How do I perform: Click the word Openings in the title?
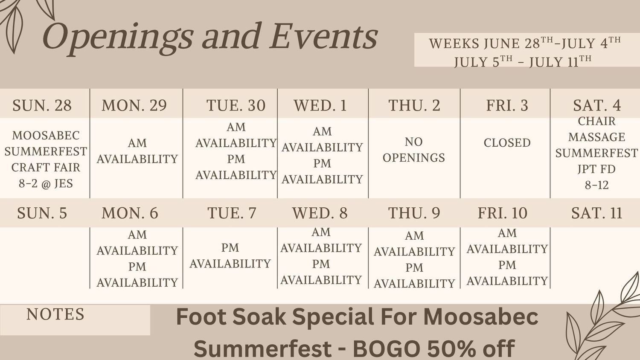tap(118, 38)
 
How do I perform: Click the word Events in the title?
tap(324, 36)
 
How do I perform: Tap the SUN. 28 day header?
tap(42, 105)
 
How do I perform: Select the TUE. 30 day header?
tap(236, 105)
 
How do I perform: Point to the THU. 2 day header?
tap(414, 105)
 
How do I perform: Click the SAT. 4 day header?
tap(597, 105)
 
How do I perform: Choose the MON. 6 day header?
tap(130, 213)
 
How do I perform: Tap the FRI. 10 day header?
tap(503, 213)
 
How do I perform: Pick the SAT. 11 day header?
tap(596, 213)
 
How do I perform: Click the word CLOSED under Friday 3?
tap(507, 142)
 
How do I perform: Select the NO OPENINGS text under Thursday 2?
tap(414, 150)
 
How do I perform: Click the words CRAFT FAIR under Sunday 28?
tap(46, 168)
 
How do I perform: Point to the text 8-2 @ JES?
tap(46, 183)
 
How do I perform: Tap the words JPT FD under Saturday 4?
tap(596, 169)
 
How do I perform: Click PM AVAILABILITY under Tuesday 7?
tap(230, 255)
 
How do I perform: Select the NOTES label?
tap(55, 314)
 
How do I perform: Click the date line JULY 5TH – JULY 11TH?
tap(523, 62)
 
